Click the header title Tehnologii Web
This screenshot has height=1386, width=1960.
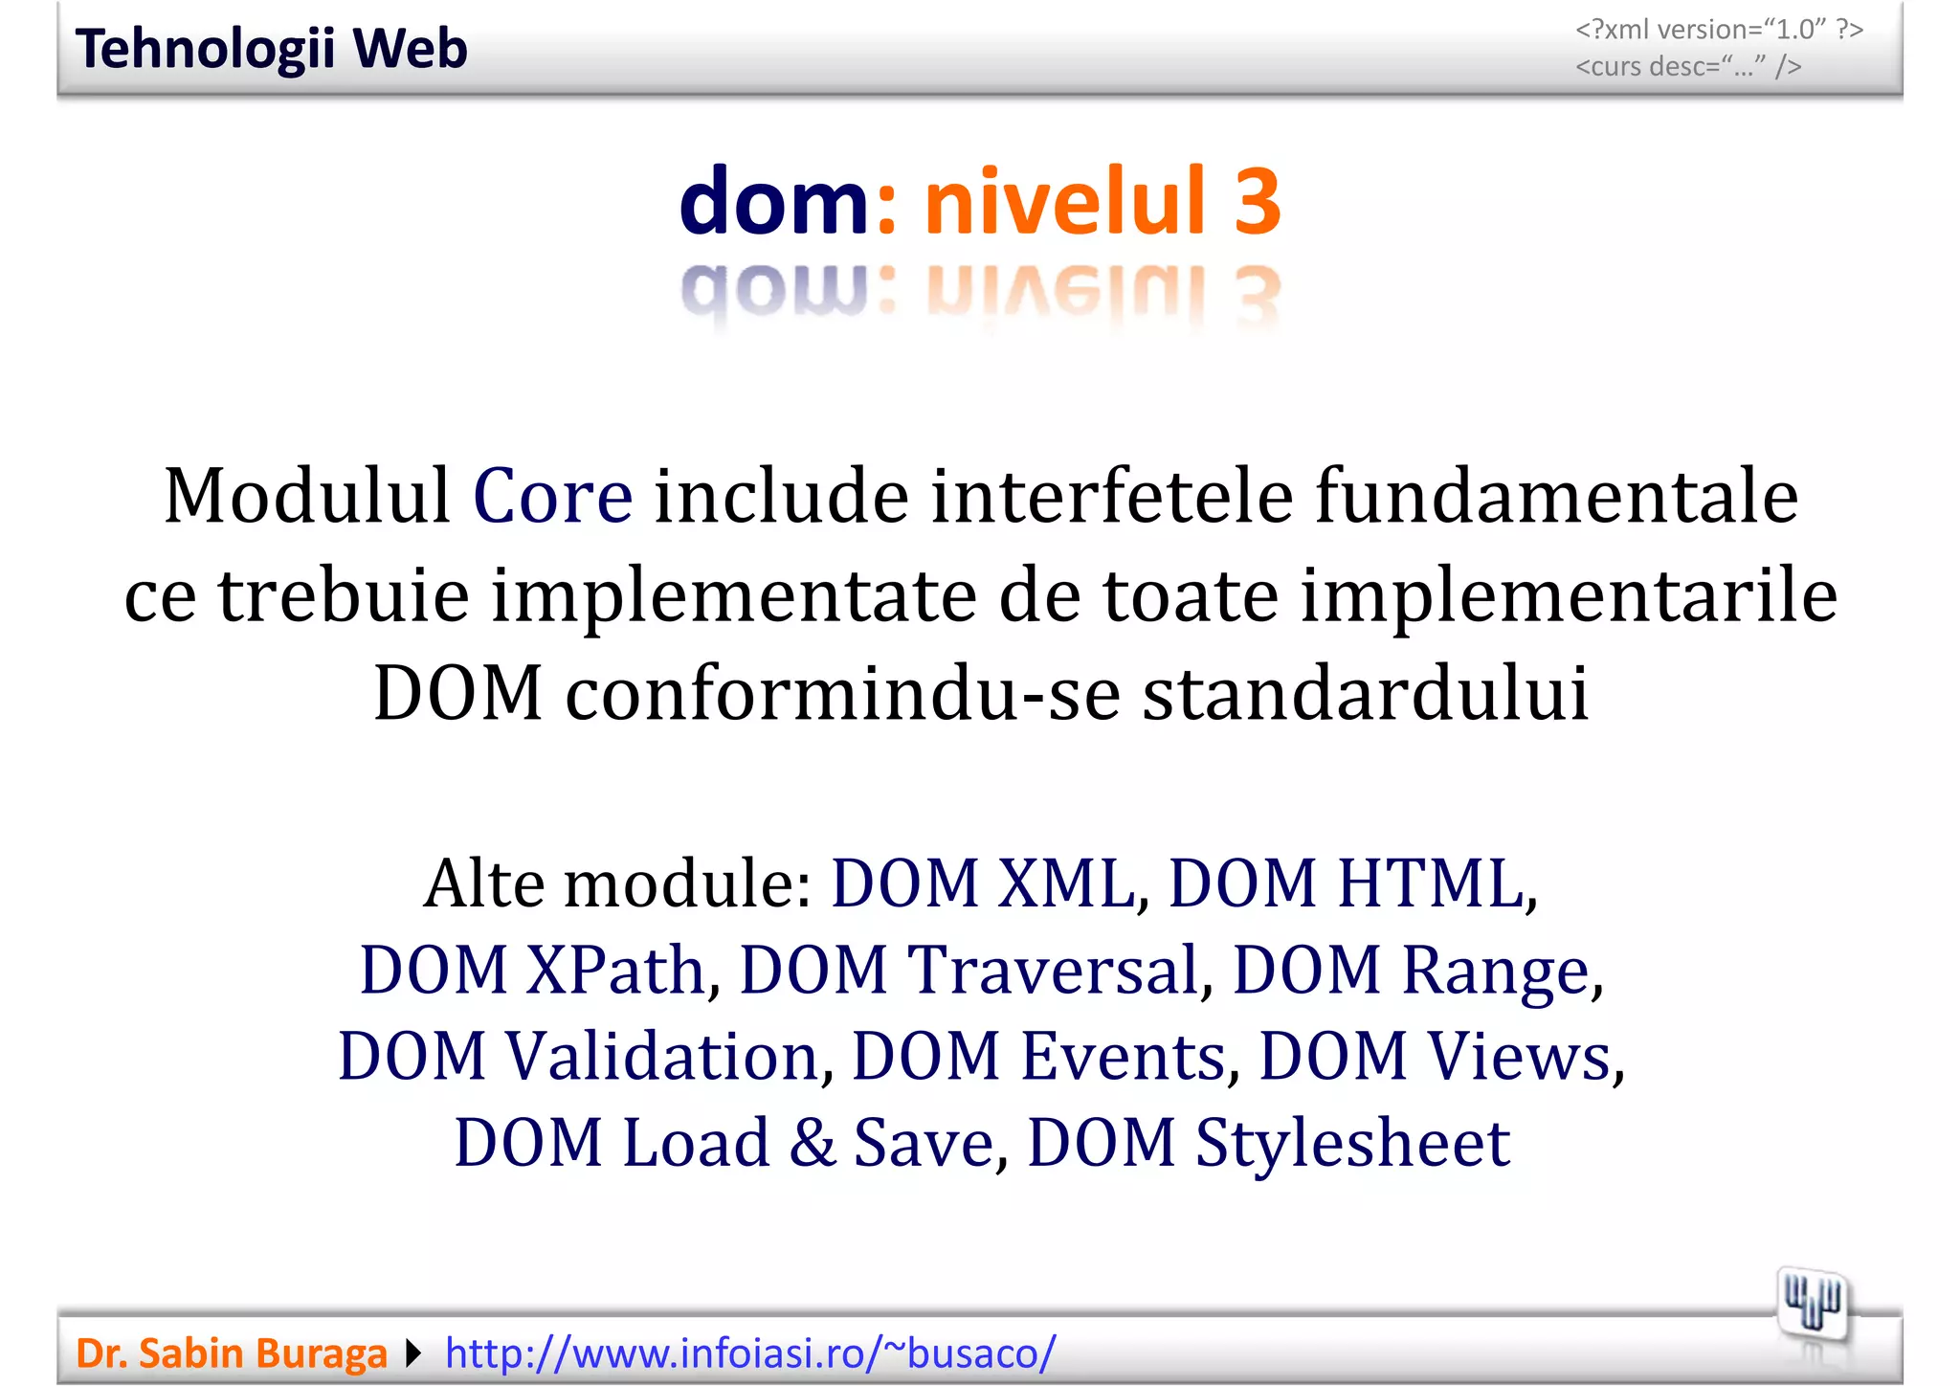point(271,49)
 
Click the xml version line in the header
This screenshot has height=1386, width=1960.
point(1719,30)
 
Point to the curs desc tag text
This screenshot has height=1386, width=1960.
point(1688,67)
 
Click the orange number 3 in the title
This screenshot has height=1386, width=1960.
point(1257,201)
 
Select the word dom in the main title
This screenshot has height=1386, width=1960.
point(773,201)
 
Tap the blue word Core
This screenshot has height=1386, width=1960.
point(552,497)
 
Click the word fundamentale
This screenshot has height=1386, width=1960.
point(1556,497)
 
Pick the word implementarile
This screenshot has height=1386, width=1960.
point(1569,595)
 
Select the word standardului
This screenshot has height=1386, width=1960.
point(1366,693)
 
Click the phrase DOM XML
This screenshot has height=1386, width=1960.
point(983,883)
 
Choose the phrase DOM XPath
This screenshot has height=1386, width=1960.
point(532,970)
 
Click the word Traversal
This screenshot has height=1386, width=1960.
point(1053,970)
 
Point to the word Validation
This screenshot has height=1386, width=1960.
point(661,1056)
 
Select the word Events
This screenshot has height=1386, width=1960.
point(1124,1056)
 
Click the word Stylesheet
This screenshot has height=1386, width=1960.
point(1352,1143)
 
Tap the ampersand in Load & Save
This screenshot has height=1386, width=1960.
point(813,1143)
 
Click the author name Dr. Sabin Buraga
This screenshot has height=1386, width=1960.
point(231,1353)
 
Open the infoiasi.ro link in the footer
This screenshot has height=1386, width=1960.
point(750,1353)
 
